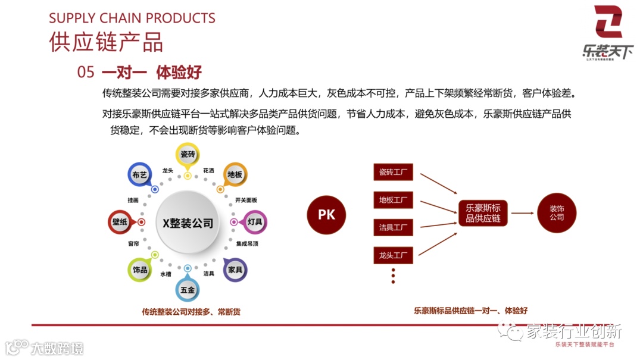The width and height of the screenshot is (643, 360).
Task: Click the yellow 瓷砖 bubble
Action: (x=188, y=155)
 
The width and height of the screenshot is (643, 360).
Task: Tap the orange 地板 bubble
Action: (x=235, y=175)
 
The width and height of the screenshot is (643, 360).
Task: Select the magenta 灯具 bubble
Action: (x=255, y=222)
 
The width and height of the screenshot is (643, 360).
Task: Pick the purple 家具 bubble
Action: (x=235, y=270)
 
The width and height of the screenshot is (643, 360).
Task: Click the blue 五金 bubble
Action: (x=188, y=290)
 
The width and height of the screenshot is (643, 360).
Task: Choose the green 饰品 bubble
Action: (x=140, y=270)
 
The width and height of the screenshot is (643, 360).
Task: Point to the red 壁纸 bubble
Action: (x=120, y=222)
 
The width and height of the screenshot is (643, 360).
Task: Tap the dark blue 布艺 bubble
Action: (x=139, y=176)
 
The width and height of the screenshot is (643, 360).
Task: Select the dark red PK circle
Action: (x=326, y=214)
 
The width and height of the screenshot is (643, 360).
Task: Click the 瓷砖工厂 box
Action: (x=393, y=173)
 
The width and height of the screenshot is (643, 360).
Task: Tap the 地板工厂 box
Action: (x=393, y=200)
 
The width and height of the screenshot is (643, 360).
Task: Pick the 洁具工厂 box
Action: (x=393, y=227)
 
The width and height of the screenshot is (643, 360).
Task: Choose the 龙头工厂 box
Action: (x=393, y=256)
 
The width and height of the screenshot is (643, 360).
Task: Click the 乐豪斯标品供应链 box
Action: (x=483, y=214)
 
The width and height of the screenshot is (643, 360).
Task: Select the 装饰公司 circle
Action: (x=557, y=213)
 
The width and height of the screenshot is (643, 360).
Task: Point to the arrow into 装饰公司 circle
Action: (x=522, y=213)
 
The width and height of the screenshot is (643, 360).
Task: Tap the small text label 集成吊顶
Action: (x=247, y=244)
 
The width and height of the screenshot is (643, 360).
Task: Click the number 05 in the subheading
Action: (x=86, y=73)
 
